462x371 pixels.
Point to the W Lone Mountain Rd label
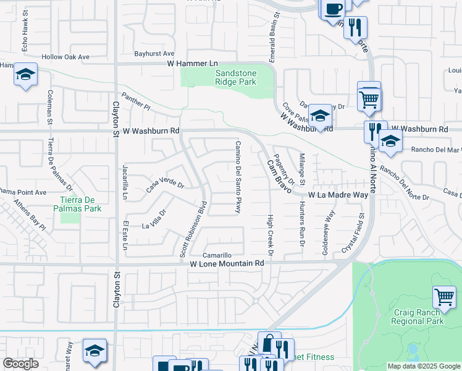pyautogui.click(x=227, y=263)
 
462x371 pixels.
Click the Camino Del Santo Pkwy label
pyautogui.click(x=237, y=177)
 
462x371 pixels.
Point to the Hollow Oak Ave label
pyautogui.click(x=65, y=57)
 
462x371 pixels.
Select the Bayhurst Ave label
pyautogui.click(x=154, y=54)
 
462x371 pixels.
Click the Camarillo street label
pyautogui.click(x=217, y=255)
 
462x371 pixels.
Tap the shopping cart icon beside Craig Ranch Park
pyautogui.click(x=444, y=296)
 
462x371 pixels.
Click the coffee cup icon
pyautogui.click(x=333, y=9)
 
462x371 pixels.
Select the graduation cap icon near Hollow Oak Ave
pyautogui.click(x=25, y=75)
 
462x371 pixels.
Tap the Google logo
pyautogui.click(x=20, y=364)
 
